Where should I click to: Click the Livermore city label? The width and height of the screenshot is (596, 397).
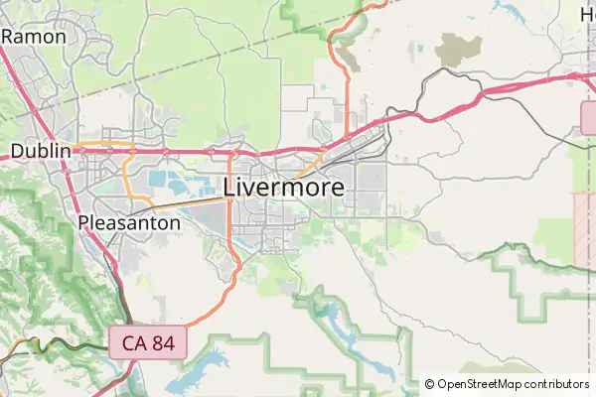[284, 187]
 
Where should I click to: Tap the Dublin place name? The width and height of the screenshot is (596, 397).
[41, 151]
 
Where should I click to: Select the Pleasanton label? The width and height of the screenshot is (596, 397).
[129, 222]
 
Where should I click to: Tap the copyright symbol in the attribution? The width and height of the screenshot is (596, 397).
[429, 383]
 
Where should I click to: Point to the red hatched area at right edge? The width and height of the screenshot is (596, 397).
[583, 228]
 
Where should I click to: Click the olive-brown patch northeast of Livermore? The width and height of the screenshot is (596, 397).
[459, 48]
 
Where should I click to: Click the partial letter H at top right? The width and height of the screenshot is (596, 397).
[587, 13]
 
